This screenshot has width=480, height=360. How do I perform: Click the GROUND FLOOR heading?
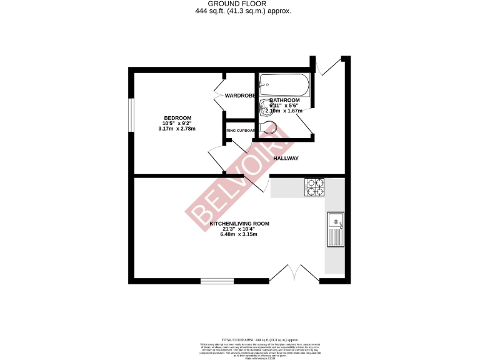click(240, 4)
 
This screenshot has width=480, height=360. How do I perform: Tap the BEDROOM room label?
click(177, 118)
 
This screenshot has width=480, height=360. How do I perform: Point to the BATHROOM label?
click(284, 100)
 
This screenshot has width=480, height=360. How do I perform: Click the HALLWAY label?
click(286, 159)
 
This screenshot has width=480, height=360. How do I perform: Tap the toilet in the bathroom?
click(268, 128)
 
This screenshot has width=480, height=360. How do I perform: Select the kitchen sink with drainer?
click(335, 229)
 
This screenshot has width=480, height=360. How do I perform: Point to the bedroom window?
click(131, 114)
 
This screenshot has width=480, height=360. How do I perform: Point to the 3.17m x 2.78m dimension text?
click(177, 129)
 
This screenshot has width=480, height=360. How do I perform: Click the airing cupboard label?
click(241, 131)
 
